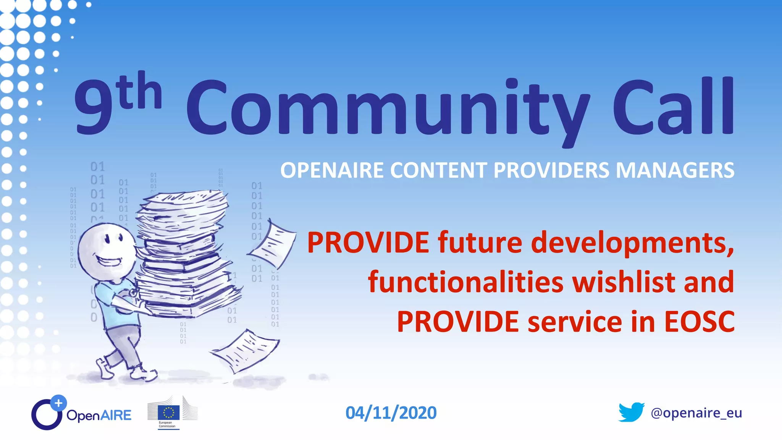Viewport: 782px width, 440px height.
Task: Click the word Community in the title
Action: coord(388,109)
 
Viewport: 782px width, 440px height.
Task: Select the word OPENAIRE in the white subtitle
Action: coord(332,170)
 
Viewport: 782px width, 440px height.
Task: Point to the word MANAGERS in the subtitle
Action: coord(675,170)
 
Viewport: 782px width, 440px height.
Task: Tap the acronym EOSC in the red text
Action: coord(699,322)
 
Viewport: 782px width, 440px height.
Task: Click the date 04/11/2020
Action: coord(391,413)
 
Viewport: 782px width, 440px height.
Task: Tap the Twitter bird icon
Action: coord(631,412)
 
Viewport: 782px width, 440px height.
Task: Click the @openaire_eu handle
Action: coord(696,413)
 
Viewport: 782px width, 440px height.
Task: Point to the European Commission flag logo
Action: coord(169,412)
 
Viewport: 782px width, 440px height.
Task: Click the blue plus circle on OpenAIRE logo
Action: coord(58,403)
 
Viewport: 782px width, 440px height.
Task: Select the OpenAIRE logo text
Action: coord(99,415)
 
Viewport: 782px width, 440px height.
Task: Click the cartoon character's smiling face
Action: coord(107,250)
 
